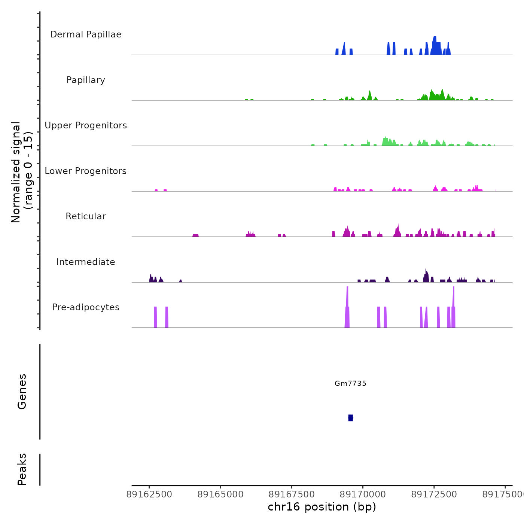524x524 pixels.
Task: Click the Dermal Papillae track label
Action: (x=86, y=34)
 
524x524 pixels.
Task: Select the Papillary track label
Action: (x=86, y=80)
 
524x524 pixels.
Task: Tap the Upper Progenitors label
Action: (x=86, y=125)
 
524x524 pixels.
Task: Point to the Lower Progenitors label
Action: (x=86, y=171)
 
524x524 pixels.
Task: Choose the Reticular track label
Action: (x=86, y=216)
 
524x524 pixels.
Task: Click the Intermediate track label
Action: (x=86, y=262)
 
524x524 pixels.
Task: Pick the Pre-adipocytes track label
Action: (x=86, y=307)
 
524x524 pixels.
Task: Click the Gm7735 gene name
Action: (x=350, y=383)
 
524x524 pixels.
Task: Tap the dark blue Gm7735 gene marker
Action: (x=350, y=418)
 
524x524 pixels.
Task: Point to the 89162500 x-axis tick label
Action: (x=149, y=494)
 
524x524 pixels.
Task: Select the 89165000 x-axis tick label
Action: (x=220, y=494)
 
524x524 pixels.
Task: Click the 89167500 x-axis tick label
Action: (x=292, y=494)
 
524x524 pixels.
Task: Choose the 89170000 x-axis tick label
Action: (x=363, y=494)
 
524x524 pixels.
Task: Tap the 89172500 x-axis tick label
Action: (x=434, y=494)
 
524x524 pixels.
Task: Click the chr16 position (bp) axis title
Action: (x=322, y=507)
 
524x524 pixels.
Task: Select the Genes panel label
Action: (x=22, y=392)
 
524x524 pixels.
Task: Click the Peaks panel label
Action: (x=22, y=469)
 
